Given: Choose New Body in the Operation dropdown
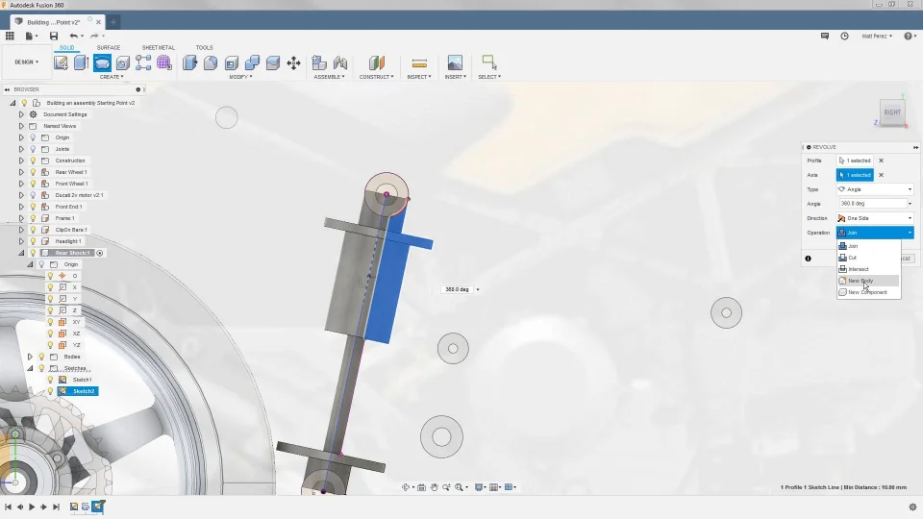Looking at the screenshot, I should point(861,281).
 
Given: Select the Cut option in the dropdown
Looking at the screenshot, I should point(853,258).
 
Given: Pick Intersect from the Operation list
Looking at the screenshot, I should point(859,269).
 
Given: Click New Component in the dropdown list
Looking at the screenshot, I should point(867,292).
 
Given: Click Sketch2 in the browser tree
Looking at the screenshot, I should point(84,391).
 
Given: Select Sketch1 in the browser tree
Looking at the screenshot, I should point(83,380).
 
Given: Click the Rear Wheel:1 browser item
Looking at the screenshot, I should point(71,172).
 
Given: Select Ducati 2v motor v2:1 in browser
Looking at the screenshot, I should point(79,195).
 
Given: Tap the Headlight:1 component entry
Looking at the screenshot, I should point(68,241).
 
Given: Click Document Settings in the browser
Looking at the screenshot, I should point(64,114).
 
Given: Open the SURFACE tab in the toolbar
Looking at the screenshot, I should point(109,47).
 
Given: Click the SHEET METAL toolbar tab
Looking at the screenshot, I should point(159,47).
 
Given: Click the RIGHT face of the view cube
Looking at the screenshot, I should point(892,112).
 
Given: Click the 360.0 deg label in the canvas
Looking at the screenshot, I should point(457,289).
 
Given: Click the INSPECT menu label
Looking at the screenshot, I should point(418,77).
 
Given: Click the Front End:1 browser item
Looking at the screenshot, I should point(68,207).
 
